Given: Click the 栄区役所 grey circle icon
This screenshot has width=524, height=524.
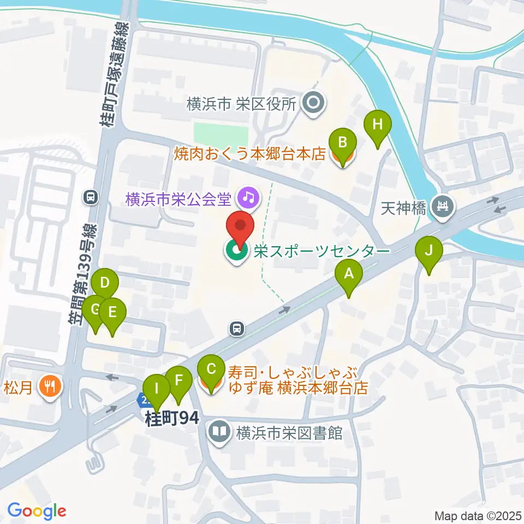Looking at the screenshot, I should pyautogui.click(x=314, y=103).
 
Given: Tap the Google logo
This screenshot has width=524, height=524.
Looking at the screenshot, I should pyautogui.click(x=37, y=511).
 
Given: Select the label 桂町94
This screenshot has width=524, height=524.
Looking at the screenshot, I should pyautogui.click(x=171, y=419).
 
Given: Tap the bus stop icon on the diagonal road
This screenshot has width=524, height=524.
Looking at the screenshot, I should pyautogui.click(x=237, y=329).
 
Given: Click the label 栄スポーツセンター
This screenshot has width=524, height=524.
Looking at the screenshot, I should pyautogui.click(x=320, y=251).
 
